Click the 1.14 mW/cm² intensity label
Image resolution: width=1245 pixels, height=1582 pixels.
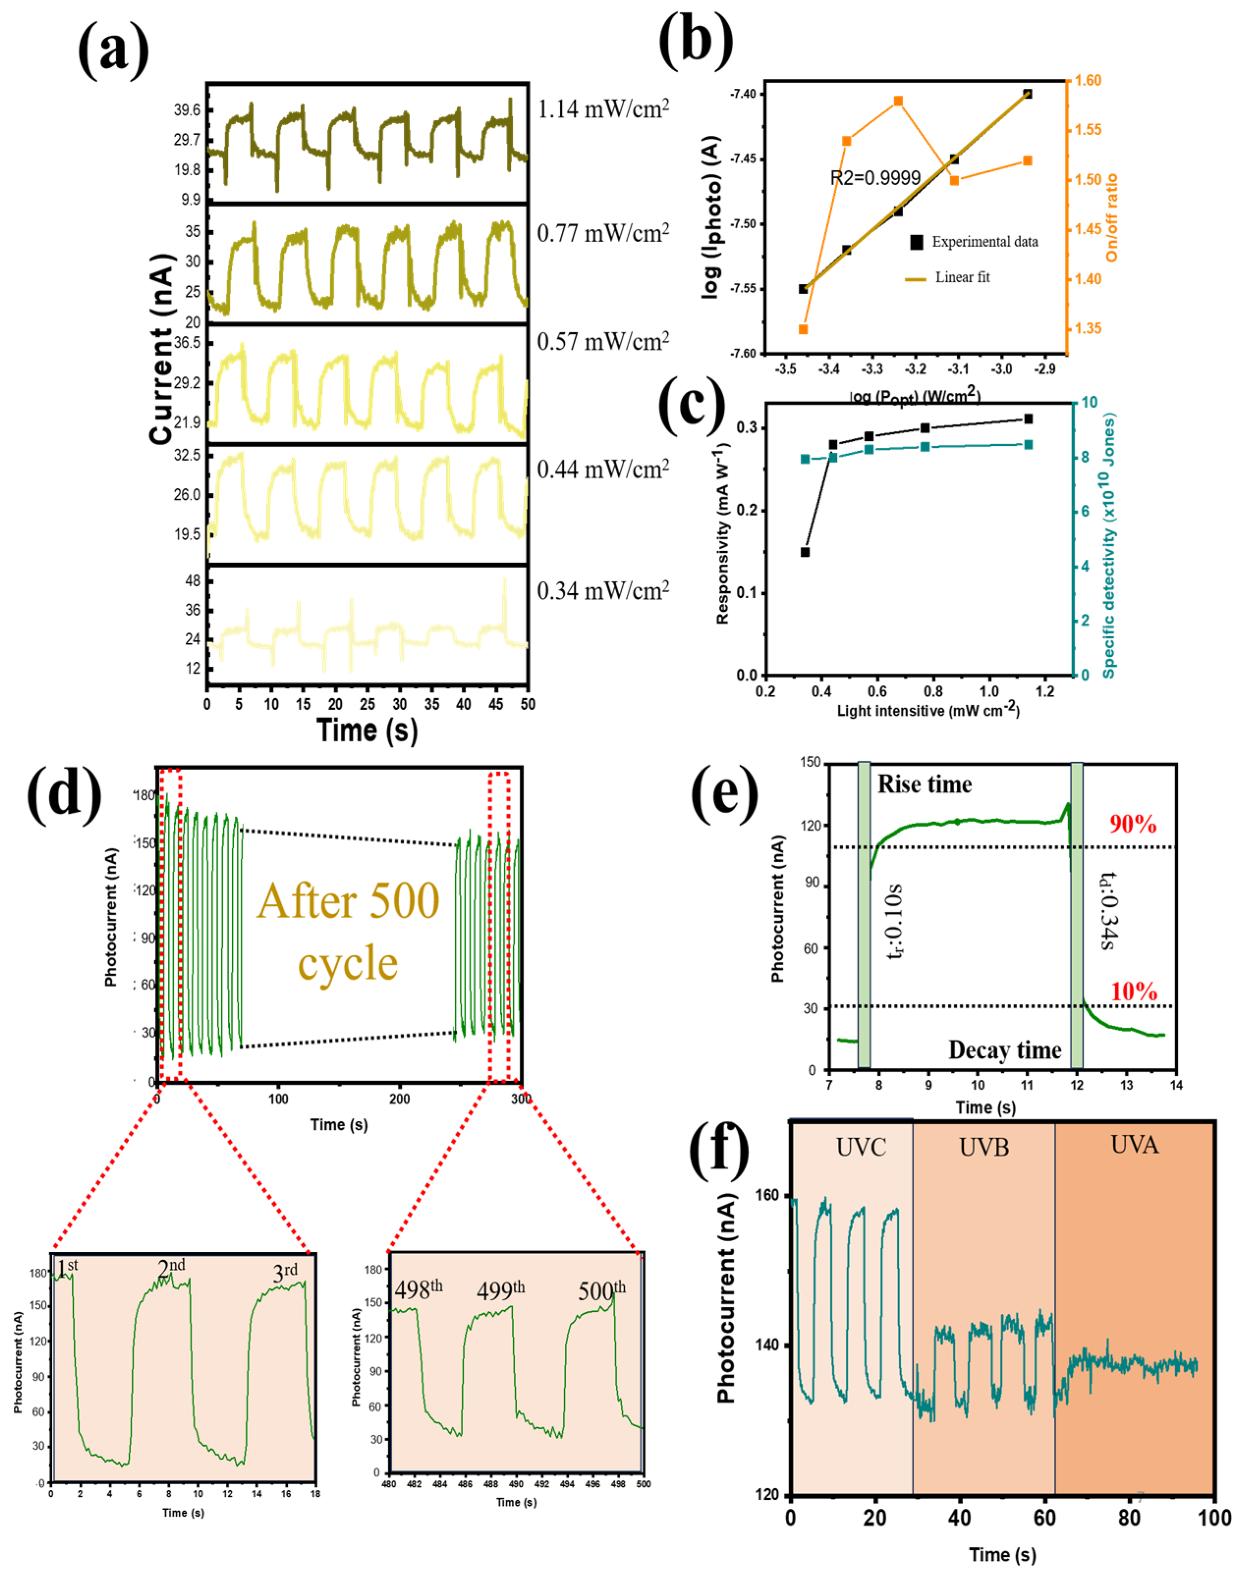pyautogui.click(x=603, y=109)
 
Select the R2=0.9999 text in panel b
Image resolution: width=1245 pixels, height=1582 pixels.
pyautogui.click(x=875, y=178)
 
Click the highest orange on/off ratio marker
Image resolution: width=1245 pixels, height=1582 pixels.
pyautogui.click(x=898, y=101)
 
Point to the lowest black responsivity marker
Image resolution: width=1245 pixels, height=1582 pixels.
pyautogui.click(x=805, y=552)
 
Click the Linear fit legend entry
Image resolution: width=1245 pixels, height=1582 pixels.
pyautogui.click(x=962, y=277)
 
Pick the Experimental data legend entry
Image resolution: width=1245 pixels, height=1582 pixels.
pyautogui.click(x=984, y=242)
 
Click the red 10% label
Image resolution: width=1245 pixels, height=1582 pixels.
pyautogui.click(x=1134, y=992)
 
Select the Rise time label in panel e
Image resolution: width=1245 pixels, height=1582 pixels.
pyautogui.click(x=924, y=784)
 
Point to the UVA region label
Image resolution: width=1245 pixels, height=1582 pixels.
pyautogui.click(x=1134, y=1146)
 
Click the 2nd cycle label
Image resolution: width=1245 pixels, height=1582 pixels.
pyautogui.click(x=171, y=1269)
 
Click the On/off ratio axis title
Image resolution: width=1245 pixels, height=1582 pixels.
pyautogui.click(x=1111, y=217)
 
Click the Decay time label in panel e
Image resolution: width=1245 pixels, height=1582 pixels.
pyautogui.click(x=1004, y=1050)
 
